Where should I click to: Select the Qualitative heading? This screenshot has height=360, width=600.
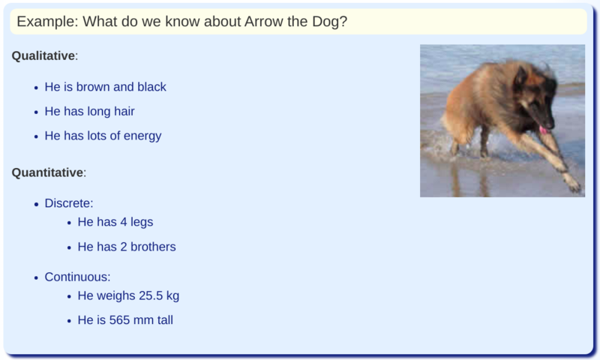[x=43, y=56]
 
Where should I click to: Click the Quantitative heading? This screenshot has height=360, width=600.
[x=47, y=172]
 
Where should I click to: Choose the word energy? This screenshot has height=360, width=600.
[x=142, y=136]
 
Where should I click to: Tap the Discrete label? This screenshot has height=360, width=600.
[x=67, y=203]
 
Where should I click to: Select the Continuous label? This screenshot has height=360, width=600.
[x=76, y=277]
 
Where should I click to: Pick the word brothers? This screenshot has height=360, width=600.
[x=153, y=247]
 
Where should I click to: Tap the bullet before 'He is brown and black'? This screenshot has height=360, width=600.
[x=36, y=88]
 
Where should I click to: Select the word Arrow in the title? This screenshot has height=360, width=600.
[x=263, y=21]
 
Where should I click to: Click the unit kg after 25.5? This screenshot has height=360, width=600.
[x=172, y=295]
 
